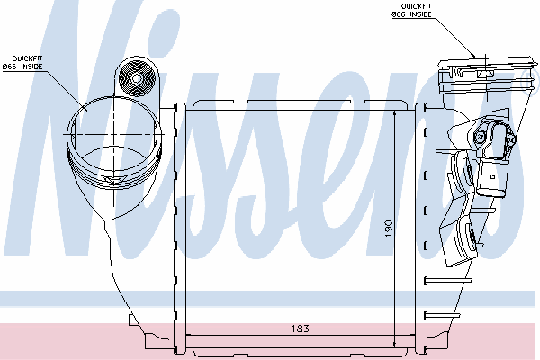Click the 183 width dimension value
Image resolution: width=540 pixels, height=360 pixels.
(x=301, y=328)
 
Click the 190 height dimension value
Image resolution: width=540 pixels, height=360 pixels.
(x=388, y=229)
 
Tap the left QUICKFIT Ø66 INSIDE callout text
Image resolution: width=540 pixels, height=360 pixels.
(x=22, y=63)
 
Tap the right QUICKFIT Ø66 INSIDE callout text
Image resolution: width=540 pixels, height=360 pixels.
(x=411, y=10)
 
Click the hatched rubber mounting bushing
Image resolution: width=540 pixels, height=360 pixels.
(x=137, y=78)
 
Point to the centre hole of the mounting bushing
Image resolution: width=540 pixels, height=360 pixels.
(x=137, y=79)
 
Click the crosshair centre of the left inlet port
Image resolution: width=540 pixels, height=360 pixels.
(x=114, y=134)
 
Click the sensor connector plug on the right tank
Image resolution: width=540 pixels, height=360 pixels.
(x=491, y=179)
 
